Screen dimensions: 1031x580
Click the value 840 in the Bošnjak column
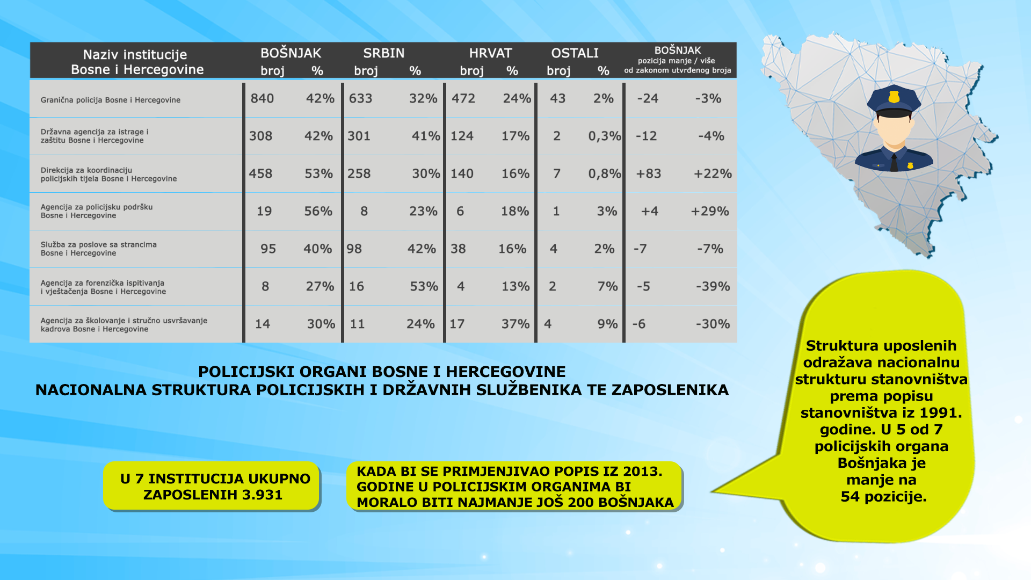[262, 98]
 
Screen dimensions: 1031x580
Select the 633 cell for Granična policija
[360, 98]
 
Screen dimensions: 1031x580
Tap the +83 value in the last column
[649, 173]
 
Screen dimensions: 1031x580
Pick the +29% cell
[710, 211]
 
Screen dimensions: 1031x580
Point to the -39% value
[713, 286]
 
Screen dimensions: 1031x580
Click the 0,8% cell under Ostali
[605, 173]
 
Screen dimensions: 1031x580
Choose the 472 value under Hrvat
[463, 98]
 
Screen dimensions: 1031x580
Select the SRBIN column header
[384, 53]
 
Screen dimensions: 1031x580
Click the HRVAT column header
[490, 53]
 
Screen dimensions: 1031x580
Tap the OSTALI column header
[575, 53]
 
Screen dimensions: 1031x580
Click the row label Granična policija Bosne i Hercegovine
[111, 100]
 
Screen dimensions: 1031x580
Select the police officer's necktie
[894, 162]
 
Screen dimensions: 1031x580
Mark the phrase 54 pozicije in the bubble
[883, 497]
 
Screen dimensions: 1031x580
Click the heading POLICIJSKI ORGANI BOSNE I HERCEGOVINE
[382, 372]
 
